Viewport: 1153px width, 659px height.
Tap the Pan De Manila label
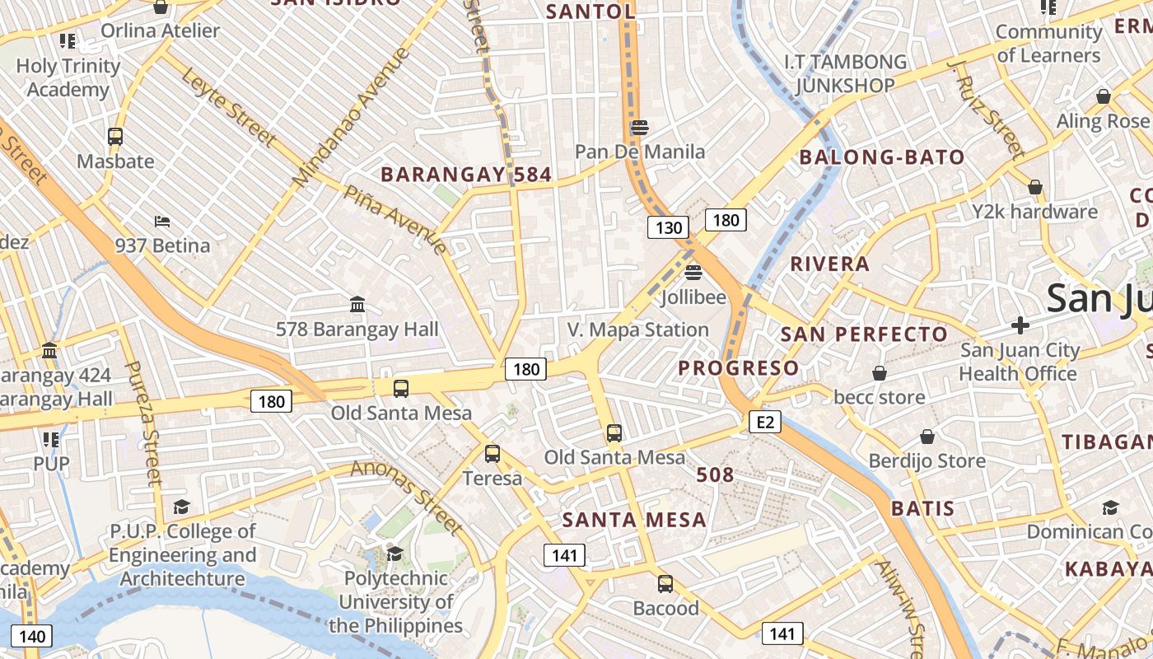tap(640, 152)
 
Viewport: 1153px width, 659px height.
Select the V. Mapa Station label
tap(638, 329)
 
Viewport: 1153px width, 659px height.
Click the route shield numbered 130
tap(667, 227)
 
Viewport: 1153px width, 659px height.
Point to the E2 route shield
tap(765, 423)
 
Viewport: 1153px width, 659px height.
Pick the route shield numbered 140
tap(32, 636)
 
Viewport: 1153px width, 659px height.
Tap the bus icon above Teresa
tap(492, 453)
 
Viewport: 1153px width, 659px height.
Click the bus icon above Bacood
tap(665, 584)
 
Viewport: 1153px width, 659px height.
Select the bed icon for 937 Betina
tap(162, 222)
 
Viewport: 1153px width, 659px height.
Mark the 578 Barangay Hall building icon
tap(357, 305)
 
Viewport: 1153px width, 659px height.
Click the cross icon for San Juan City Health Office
tap(1020, 325)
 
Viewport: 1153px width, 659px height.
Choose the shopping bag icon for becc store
tap(880, 373)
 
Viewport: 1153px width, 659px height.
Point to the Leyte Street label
tap(227, 108)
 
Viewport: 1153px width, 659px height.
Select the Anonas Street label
tap(407, 496)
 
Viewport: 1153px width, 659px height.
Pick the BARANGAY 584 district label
tap(466, 175)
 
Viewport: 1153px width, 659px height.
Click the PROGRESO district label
tap(739, 368)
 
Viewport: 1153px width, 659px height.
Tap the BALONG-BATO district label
tap(882, 157)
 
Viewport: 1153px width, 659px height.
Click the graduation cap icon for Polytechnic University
tap(394, 554)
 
